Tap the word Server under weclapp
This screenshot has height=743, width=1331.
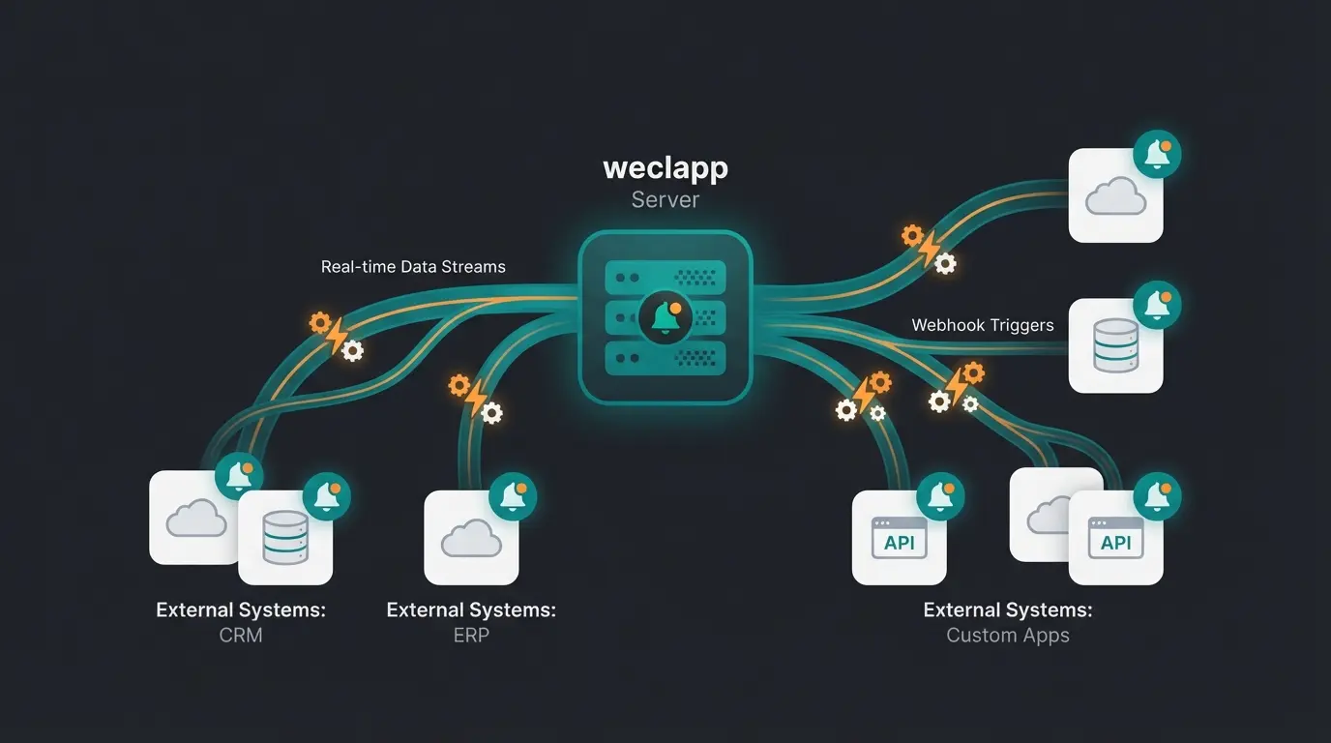coord(665,199)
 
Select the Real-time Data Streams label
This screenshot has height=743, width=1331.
coord(413,266)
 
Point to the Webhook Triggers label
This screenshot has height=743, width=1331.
coord(983,325)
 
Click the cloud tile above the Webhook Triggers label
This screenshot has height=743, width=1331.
coord(1115,195)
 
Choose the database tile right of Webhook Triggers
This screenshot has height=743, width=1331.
coord(1115,345)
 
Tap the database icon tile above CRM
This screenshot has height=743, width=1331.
coord(285,537)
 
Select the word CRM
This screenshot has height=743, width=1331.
coord(240,636)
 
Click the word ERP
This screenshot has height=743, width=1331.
coord(471,636)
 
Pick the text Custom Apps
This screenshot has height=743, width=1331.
coord(1008,636)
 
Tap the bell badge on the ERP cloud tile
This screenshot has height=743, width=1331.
coord(513,496)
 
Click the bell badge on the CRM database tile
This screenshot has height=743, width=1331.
coord(327,496)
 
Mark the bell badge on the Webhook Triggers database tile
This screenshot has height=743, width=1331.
coord(1157,305)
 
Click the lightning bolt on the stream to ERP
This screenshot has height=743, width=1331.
coord(476,398)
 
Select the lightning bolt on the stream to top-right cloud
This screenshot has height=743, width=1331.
coord(929,249)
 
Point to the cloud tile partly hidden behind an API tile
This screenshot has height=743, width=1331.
coord(1041,513)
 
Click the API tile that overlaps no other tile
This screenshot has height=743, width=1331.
coord(899,537)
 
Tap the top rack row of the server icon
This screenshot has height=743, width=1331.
coord(665,278)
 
